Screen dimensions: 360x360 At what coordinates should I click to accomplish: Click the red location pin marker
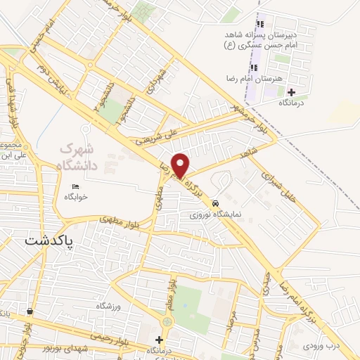181,165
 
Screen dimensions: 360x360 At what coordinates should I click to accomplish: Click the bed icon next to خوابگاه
76,186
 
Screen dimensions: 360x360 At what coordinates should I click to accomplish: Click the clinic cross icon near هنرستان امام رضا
291,91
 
